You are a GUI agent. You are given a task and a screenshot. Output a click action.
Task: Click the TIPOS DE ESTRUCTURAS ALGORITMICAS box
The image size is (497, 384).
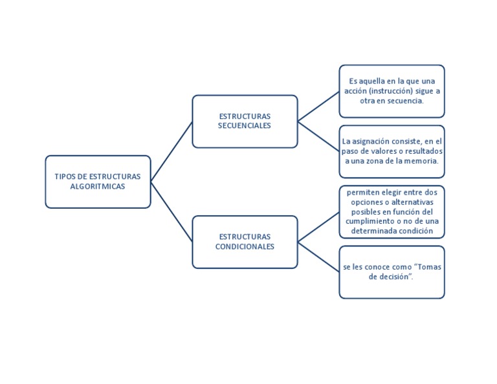[x=97, y=182]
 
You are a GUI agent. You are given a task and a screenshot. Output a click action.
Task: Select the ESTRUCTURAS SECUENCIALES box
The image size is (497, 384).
[x=245, y=121]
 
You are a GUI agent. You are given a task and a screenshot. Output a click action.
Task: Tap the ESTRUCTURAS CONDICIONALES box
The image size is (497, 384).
[x=245, y=242]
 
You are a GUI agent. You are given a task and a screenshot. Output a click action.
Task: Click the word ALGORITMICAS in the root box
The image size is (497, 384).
[x=97, y=186]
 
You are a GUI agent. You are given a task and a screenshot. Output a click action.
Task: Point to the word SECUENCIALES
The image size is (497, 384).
[x=245, y=125]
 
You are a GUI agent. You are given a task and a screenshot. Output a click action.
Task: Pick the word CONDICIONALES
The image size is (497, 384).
[x=245, y=246]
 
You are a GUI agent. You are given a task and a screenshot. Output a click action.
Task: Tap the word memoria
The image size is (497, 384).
[x=421, y=160]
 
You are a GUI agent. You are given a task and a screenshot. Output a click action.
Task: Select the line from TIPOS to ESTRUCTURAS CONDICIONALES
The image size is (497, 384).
[x=171, y=212]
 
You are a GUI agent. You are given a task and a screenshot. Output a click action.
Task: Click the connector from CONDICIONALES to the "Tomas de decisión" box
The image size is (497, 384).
[x=318, y=257]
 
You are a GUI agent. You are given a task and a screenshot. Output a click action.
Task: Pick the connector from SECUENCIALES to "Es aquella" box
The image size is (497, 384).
[x=318, y=106]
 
